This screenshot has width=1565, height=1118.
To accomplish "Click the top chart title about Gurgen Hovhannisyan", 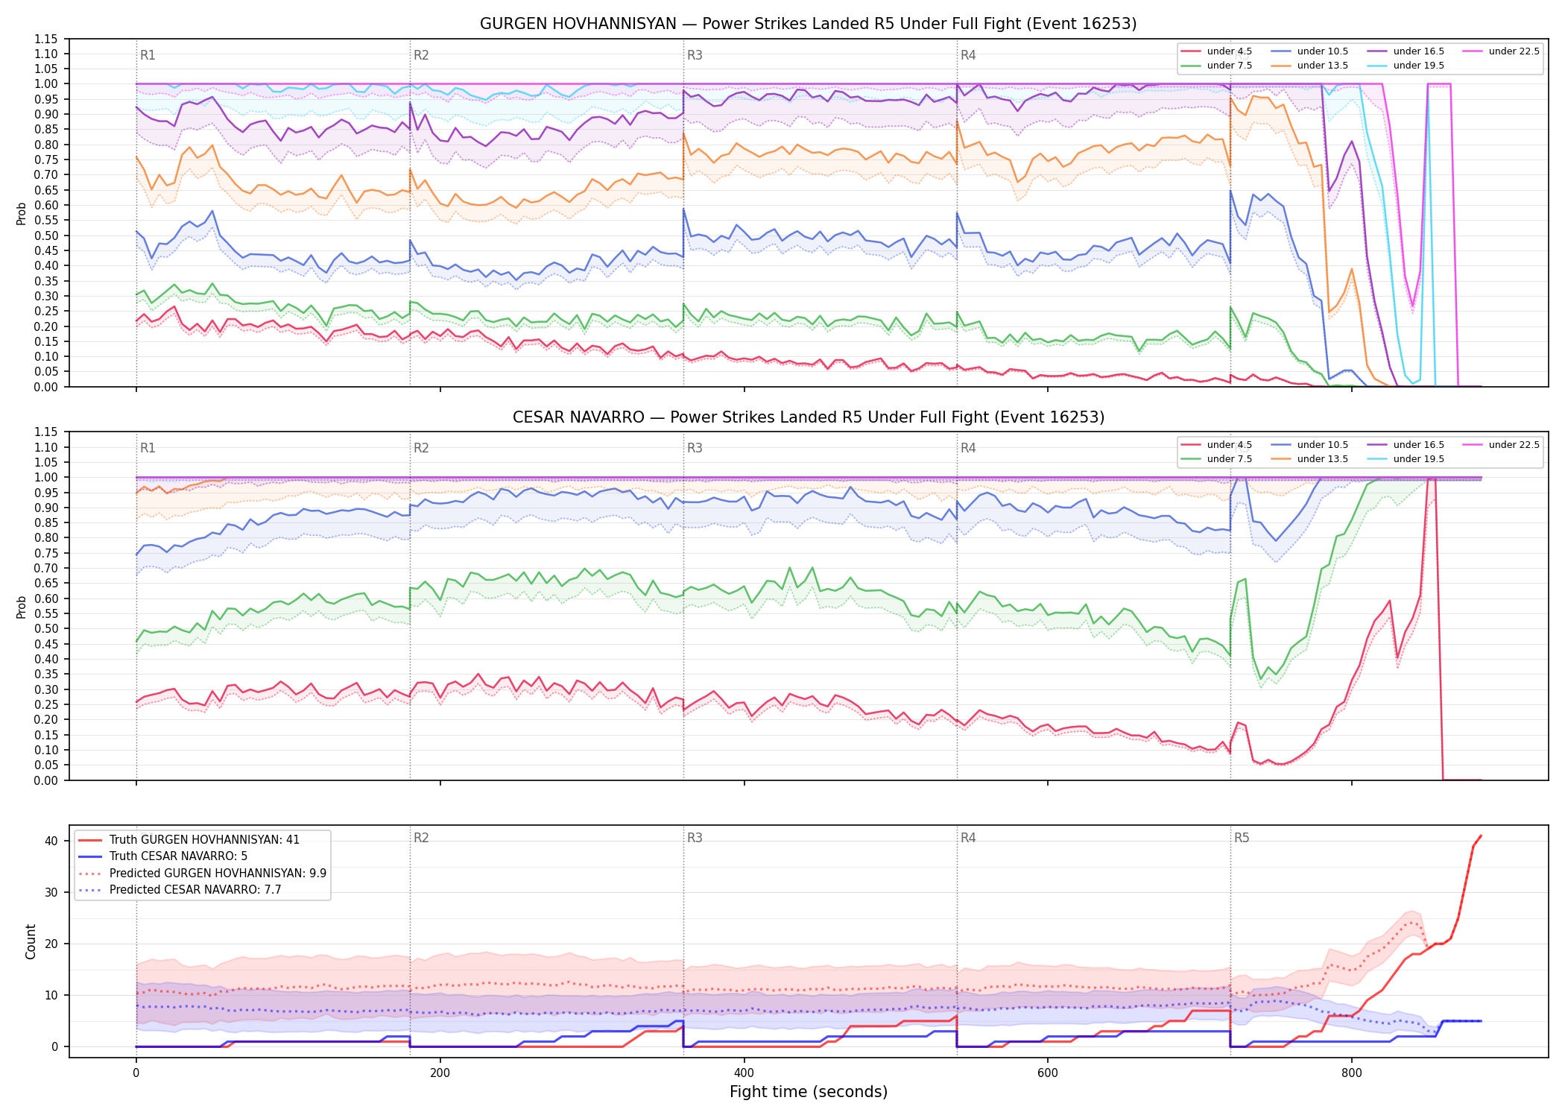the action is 808,24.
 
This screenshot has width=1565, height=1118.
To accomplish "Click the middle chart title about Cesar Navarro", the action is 808,417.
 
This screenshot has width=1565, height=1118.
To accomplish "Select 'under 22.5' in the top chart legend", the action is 1514,51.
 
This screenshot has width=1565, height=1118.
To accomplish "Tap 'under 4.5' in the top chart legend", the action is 1230,51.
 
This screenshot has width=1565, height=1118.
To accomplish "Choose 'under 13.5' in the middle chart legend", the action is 1322,459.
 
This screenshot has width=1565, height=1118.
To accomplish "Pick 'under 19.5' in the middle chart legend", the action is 1418,459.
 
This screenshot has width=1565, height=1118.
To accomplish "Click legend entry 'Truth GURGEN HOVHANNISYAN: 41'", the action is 204,839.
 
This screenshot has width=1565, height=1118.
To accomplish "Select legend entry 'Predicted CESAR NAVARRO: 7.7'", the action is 195,889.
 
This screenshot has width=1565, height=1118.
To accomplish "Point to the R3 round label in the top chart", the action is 695,55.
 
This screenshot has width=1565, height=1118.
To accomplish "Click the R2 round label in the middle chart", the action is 421,448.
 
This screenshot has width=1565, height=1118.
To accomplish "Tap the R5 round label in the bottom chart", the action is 1242,838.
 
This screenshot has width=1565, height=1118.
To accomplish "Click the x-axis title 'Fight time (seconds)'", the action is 809,1092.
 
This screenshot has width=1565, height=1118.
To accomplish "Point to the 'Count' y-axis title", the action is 31,941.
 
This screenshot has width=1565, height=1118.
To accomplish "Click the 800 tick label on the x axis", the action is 1351,1073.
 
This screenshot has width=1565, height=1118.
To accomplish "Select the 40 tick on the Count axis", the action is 51,841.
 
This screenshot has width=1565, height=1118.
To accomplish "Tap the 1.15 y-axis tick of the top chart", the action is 46,39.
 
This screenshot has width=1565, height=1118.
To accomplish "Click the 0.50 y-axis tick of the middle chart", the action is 46,628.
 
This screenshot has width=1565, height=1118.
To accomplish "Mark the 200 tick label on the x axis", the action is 440,1073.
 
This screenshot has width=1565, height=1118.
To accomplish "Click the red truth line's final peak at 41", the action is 1481,836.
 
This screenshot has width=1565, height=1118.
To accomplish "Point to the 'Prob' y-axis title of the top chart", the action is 21,213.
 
